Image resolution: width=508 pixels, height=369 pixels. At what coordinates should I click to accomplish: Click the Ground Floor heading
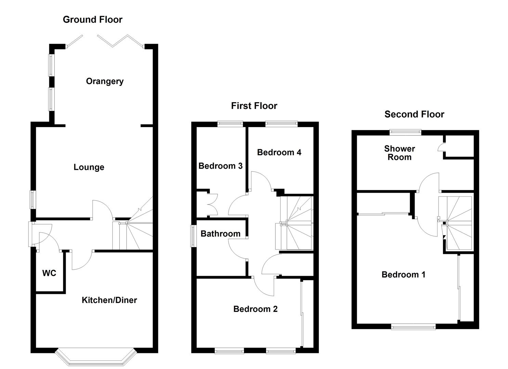[92, 19]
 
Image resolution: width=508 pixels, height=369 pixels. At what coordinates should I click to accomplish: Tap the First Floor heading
[254, 106]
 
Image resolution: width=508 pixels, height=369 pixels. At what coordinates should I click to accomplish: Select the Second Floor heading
[414, 114]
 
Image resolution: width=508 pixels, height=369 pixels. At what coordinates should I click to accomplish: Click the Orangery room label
[105, 81]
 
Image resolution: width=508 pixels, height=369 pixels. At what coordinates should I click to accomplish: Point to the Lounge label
[89, 167]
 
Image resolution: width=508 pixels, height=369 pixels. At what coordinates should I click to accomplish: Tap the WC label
[49, 273]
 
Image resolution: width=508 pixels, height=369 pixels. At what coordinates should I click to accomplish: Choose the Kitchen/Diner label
[109, 300]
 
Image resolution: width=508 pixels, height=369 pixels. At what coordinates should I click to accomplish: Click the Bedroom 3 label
[220, 166]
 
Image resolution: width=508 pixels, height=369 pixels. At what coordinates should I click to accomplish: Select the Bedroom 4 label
[279, 152]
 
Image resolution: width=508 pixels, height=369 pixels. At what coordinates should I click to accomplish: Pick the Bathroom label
[220, 234]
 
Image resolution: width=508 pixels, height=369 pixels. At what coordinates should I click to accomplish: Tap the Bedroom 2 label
[255, 309]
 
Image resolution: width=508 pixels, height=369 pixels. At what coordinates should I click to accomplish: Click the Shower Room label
[399, 153]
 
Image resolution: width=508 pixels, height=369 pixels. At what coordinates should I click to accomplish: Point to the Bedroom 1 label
[403, 275]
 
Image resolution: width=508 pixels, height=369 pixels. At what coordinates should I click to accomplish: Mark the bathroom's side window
[194, 236]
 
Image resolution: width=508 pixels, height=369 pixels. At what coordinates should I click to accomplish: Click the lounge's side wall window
[33, 199]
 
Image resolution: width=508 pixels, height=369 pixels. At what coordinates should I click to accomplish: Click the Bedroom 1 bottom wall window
[414, 327]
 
